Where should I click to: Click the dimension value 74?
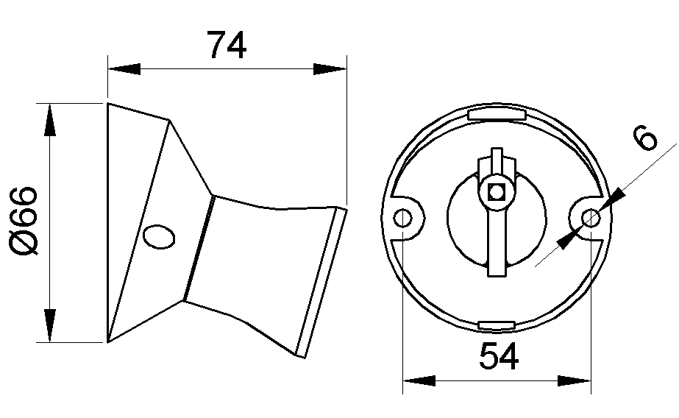pyautogui.click(x=226, y=46)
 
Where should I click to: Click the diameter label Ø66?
pyautogui.click(x=24, y=221)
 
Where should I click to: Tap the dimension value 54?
pyautogui.click(x=499, y=358)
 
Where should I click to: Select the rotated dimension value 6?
pyautogui.click(x=644, y=138)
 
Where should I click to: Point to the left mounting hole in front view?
pyautogui.click(x=403, y=219)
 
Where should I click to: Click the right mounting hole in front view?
pyautogui.click(x=590, y=218)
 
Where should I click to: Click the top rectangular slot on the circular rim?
pyautogui.click(x=497, y=115)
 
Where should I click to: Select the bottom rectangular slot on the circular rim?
pyautogui.click(x=497, y=325)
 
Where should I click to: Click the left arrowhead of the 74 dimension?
pyautogui.click(x=124, y=69)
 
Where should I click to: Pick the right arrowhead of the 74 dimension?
pyautogui.click(x=330, y=69)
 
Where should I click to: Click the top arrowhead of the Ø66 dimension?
pyautogui.click(x=50, y=119)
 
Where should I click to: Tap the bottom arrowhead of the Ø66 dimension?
pyautogui.click(x=50, y=326)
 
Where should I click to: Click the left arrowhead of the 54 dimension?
pyautogui.click(x=419, y=380)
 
